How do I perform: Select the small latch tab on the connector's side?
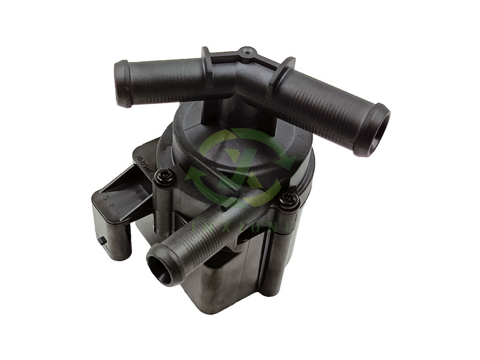[103, 241]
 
